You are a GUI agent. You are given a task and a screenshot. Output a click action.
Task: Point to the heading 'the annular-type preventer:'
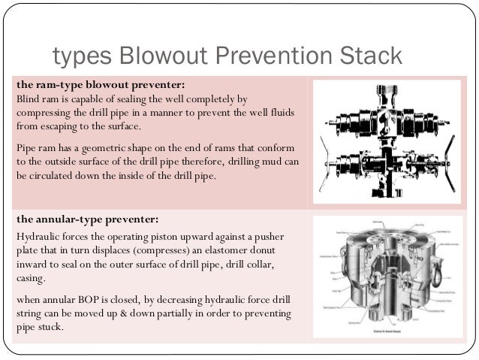click(86, 219)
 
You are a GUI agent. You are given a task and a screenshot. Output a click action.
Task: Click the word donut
click(253, 250)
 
